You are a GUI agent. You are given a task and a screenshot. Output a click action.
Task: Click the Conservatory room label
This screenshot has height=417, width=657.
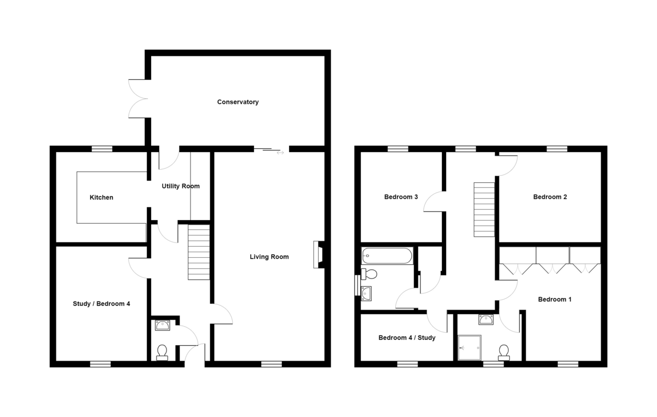click(238, 102)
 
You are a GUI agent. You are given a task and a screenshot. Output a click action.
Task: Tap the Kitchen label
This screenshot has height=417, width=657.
click(101, 197)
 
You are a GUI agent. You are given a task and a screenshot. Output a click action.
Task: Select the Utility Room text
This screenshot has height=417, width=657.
click(181, 186)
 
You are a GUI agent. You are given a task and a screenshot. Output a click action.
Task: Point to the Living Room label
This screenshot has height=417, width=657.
click(269, 257)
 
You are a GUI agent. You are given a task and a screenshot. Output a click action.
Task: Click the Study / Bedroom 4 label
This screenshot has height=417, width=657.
click(101, 303)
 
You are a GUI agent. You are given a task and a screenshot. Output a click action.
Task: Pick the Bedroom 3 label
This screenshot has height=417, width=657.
click(401, 197)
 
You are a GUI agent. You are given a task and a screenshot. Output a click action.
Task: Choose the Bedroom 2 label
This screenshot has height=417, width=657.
click(550, 197)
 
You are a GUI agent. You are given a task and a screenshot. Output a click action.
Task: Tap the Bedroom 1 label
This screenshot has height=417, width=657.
click(555, 299)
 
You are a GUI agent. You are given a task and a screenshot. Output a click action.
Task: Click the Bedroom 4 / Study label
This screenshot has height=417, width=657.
click(407, 338)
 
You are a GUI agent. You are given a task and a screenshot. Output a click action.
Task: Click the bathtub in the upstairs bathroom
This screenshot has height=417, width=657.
click(387, 256)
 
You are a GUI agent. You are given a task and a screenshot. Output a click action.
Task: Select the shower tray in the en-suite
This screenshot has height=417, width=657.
click(469, 347)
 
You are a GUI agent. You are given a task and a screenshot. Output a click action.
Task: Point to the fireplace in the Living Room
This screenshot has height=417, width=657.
click(318, 254)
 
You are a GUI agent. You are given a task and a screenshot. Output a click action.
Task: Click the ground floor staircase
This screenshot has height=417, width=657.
click(199, 252)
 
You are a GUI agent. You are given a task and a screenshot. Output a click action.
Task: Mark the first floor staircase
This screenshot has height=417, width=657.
click(484, 209)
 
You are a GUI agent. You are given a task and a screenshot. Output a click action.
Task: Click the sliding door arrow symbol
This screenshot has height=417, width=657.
click(280, 152)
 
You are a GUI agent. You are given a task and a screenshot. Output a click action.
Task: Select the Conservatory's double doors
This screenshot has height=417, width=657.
click(138, 99)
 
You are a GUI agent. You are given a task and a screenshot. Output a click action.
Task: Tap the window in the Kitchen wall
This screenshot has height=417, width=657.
click(101, 148)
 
